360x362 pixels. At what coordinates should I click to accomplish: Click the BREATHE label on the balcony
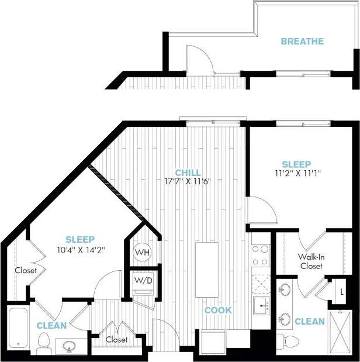(x=302, y=42)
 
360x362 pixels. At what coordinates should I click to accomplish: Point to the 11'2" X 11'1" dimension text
(x=296, y=173)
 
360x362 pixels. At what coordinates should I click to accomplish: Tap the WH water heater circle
(x=141, y=252)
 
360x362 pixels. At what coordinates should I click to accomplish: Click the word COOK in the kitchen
(x=217, y=310)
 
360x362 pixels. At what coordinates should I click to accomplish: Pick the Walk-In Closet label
(x=311, y=261)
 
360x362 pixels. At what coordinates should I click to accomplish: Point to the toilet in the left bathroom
(x=43, y=344)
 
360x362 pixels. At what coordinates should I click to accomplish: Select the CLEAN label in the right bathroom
(x=309, y=321)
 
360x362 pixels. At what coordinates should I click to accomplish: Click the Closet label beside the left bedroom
(x=26, y=270)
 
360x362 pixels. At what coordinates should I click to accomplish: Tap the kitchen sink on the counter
(x=261, y=304)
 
